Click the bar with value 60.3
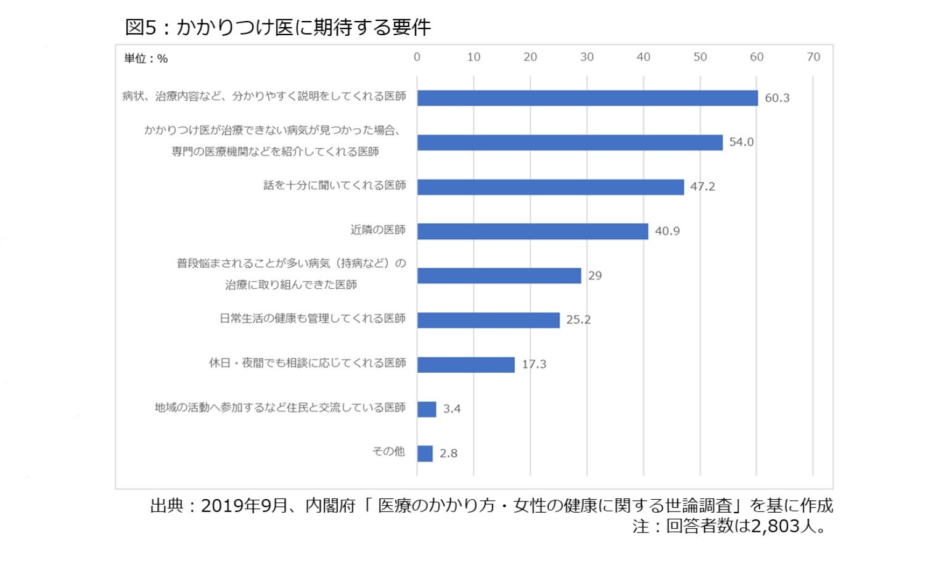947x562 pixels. tap(587, 98)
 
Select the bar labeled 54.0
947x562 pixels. tap(570, 143)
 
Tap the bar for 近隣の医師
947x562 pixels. tap(533, 231)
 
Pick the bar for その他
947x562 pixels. tap(425, 453)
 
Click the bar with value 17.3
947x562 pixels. tap(465, 365)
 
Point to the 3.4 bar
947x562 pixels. tap(427, 409)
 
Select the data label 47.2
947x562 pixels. tap(702, 187)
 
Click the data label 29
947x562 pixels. tap(595, 276)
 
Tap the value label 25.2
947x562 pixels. tap(578, 320)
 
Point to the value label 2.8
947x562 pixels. tap(448, 453)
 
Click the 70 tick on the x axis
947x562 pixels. tap(813, 57)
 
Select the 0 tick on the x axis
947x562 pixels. tap(417, 57)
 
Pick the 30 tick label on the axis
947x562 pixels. tap(587, 57)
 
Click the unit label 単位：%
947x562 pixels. tap(146, 59)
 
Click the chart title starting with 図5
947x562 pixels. tap(277, 27)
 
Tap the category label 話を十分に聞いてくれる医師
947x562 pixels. tap(334, 186)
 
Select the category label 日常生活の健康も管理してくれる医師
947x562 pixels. tap(313, 319)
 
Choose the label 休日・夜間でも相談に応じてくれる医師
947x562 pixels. tap(307, 363)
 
